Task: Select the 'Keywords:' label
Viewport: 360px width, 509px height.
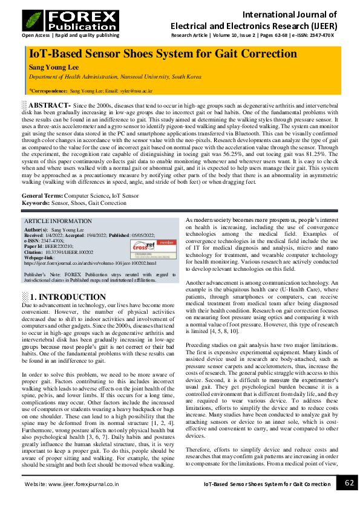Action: (x=36, y=203)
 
